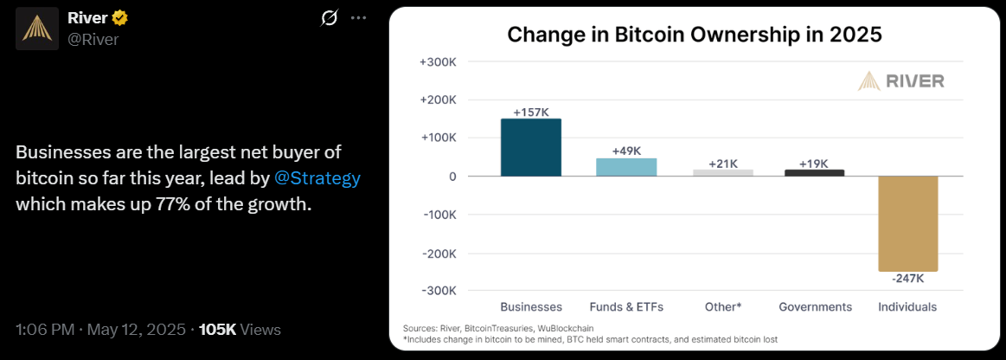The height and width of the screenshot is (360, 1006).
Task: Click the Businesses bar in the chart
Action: click(x=531, y=147)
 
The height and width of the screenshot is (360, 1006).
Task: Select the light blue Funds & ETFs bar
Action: click(x=626, y=167)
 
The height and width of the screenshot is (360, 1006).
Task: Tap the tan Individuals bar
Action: click(x=907, y=223)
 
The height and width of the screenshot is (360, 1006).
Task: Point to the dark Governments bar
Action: click(x=814, y=173)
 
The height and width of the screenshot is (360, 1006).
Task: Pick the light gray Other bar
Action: click(x=722, y=173)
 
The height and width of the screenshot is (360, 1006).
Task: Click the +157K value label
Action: click(x=531, y=112)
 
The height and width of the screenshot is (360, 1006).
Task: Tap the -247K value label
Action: click(x=907, y=279)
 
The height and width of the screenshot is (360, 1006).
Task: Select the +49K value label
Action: click(x=626, y=151)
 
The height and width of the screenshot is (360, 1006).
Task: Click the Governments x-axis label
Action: click(x=815, y=307)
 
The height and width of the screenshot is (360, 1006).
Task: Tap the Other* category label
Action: click(x=722, y=307)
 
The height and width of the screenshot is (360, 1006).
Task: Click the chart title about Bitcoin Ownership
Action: click(x=694, y=35)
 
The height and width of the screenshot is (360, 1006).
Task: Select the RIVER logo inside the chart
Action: click(x=901, y=81)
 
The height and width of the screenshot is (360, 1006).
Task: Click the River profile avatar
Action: click(x=36, y=28)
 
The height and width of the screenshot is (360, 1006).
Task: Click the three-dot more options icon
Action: click(x=358, y=18)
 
